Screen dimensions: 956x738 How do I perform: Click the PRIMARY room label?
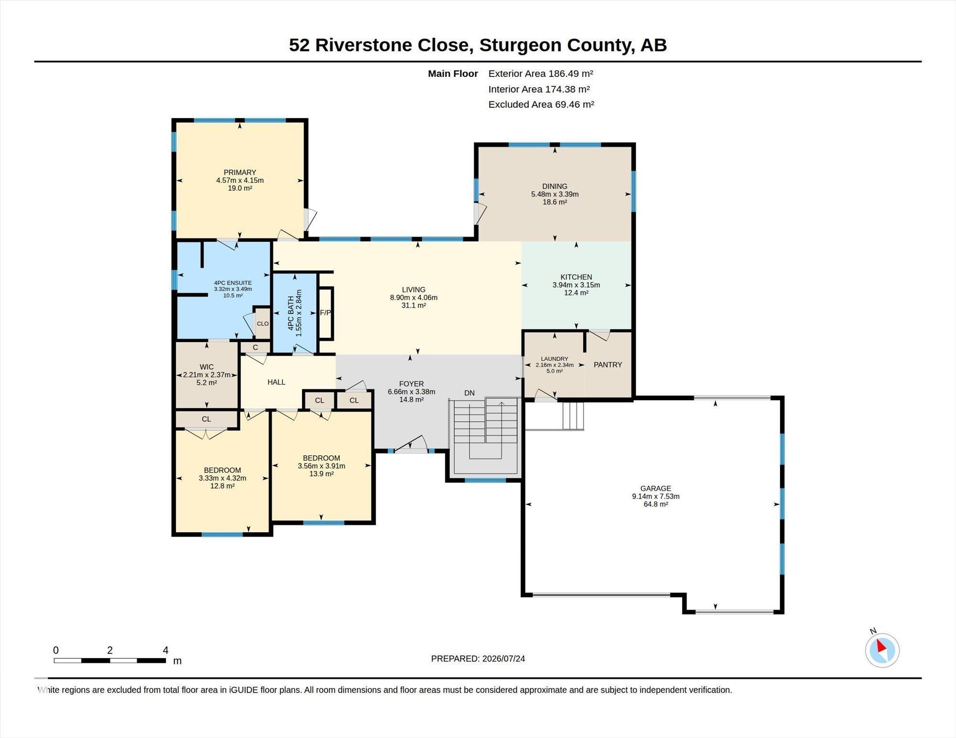click(x=240, y=172)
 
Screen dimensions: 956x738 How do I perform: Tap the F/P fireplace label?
click(x=325, y=313)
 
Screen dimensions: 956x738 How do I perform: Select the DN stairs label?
click(x=469, y=393)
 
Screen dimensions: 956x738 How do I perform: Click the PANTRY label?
click(x=608, y=364)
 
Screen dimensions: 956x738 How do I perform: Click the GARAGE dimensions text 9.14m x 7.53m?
click(x=656, y=496)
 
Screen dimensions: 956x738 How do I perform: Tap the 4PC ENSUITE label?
click(x=233, y=283)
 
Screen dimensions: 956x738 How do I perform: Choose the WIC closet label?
click(x=206, y=367)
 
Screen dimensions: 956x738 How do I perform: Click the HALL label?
click(x=276, y=382)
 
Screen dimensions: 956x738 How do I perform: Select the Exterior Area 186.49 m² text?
click(x=541, y=74)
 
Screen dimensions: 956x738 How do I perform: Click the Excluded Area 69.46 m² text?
click(x=541, y=104)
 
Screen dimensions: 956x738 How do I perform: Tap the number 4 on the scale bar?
click(x=165, y=650)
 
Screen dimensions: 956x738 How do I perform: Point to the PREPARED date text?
click(x=478, y=658)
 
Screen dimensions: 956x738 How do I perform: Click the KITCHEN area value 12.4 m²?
click(x=576, y=293)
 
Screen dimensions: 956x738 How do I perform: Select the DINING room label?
click(x=555, y=186)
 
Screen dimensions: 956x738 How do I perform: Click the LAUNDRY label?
click(x=554, y=359)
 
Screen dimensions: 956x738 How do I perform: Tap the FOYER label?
click(x=412, y=384)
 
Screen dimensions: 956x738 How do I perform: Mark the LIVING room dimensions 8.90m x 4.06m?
click(x=414, y=298)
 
